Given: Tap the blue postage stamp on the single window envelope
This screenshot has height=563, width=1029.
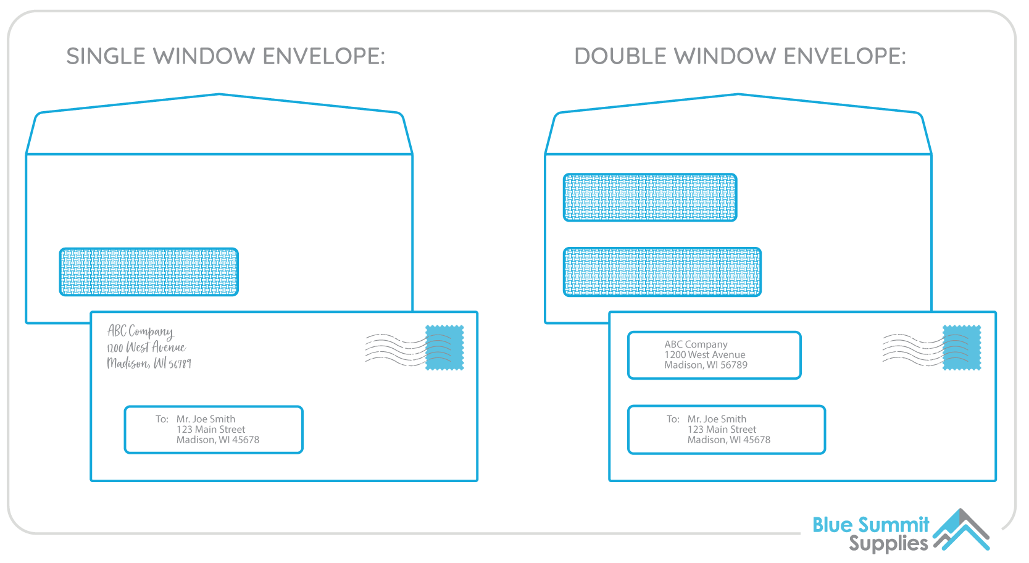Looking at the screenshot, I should tap(444, 348).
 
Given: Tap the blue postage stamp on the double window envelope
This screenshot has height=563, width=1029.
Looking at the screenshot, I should tap(962, 348).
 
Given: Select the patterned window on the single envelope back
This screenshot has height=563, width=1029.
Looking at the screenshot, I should tap(149, 272).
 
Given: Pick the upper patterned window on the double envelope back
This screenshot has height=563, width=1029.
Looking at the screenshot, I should tap(650, 198).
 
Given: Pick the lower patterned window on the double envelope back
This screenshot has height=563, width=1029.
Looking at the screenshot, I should tap(662, 272).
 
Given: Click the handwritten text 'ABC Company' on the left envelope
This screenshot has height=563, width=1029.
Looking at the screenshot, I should tap(141, 332).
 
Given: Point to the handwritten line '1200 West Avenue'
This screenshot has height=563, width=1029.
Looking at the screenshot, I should tap(146, 348).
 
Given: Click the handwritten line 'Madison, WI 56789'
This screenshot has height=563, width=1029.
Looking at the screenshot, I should tap(149, 364).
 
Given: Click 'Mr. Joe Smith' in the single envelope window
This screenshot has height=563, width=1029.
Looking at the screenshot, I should tap(206, 419).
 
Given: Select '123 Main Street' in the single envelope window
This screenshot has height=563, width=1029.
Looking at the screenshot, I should tap(210, 430).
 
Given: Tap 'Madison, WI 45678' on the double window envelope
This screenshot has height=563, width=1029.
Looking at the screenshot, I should tap(729, 440).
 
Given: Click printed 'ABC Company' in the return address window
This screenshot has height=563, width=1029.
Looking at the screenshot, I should tap(696, 344).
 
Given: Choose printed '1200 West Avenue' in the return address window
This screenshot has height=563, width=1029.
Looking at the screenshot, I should tap(705, 355).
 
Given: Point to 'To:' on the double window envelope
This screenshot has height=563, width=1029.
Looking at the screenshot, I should tap(673, 419).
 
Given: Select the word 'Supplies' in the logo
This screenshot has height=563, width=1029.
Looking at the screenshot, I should tap(888, 544).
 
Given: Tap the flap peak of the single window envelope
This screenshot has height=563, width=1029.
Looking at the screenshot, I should tap(219, 94).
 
